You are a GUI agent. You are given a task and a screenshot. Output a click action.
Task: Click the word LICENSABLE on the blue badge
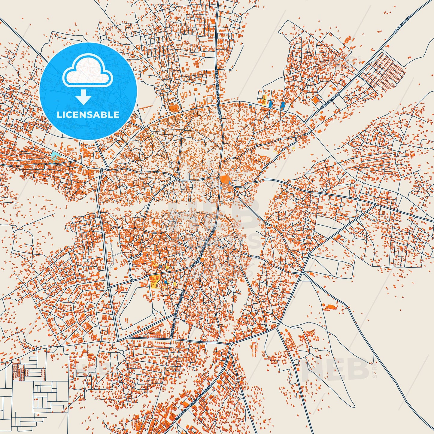tap(88, 115)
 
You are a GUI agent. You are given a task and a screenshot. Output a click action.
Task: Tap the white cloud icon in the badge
tap(87, 72)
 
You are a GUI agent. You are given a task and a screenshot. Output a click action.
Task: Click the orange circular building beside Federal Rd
tap(202, 259)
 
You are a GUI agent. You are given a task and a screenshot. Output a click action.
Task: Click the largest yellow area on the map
tap(155, 282)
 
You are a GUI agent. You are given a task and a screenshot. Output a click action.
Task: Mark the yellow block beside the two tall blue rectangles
tap(264, 99)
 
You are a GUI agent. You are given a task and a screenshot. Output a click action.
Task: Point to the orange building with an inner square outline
tap(347, 40)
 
